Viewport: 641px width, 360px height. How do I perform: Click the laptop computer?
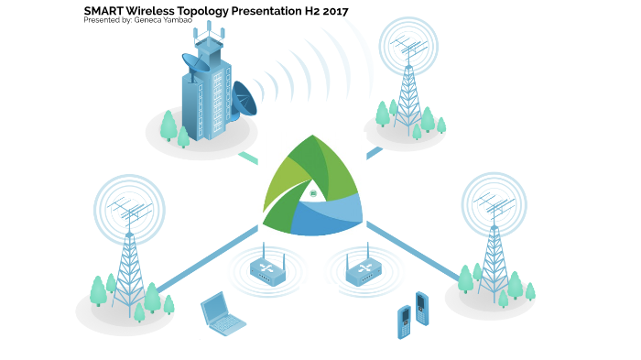click(x=222, y=313)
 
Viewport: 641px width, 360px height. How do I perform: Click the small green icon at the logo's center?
click(x=313, y=194)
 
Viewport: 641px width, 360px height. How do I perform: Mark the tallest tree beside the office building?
click(x=168, y=125)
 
